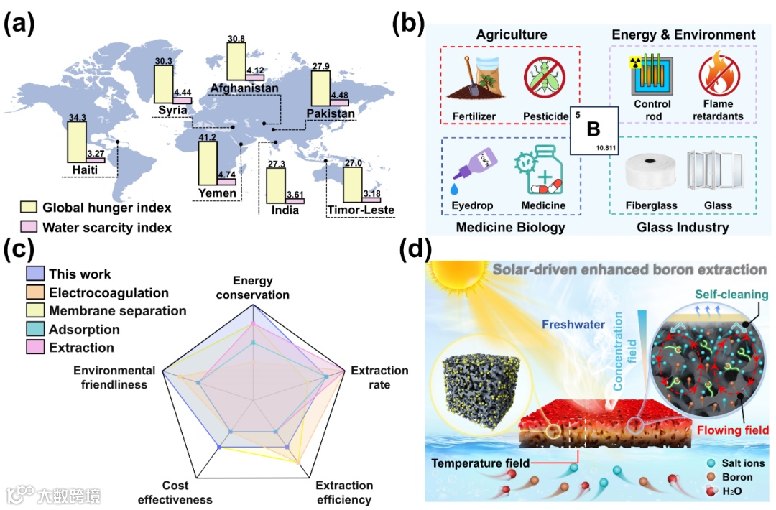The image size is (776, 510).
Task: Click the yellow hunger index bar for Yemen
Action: point(206,163)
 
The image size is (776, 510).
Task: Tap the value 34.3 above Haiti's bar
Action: point(76,116)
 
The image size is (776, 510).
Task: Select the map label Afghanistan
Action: point(244,88)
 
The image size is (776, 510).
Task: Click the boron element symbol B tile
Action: point(593,129)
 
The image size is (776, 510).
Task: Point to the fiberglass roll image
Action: point(650,172)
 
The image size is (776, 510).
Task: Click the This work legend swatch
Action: point(35,274)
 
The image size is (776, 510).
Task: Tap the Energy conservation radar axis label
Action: point(253,287)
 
